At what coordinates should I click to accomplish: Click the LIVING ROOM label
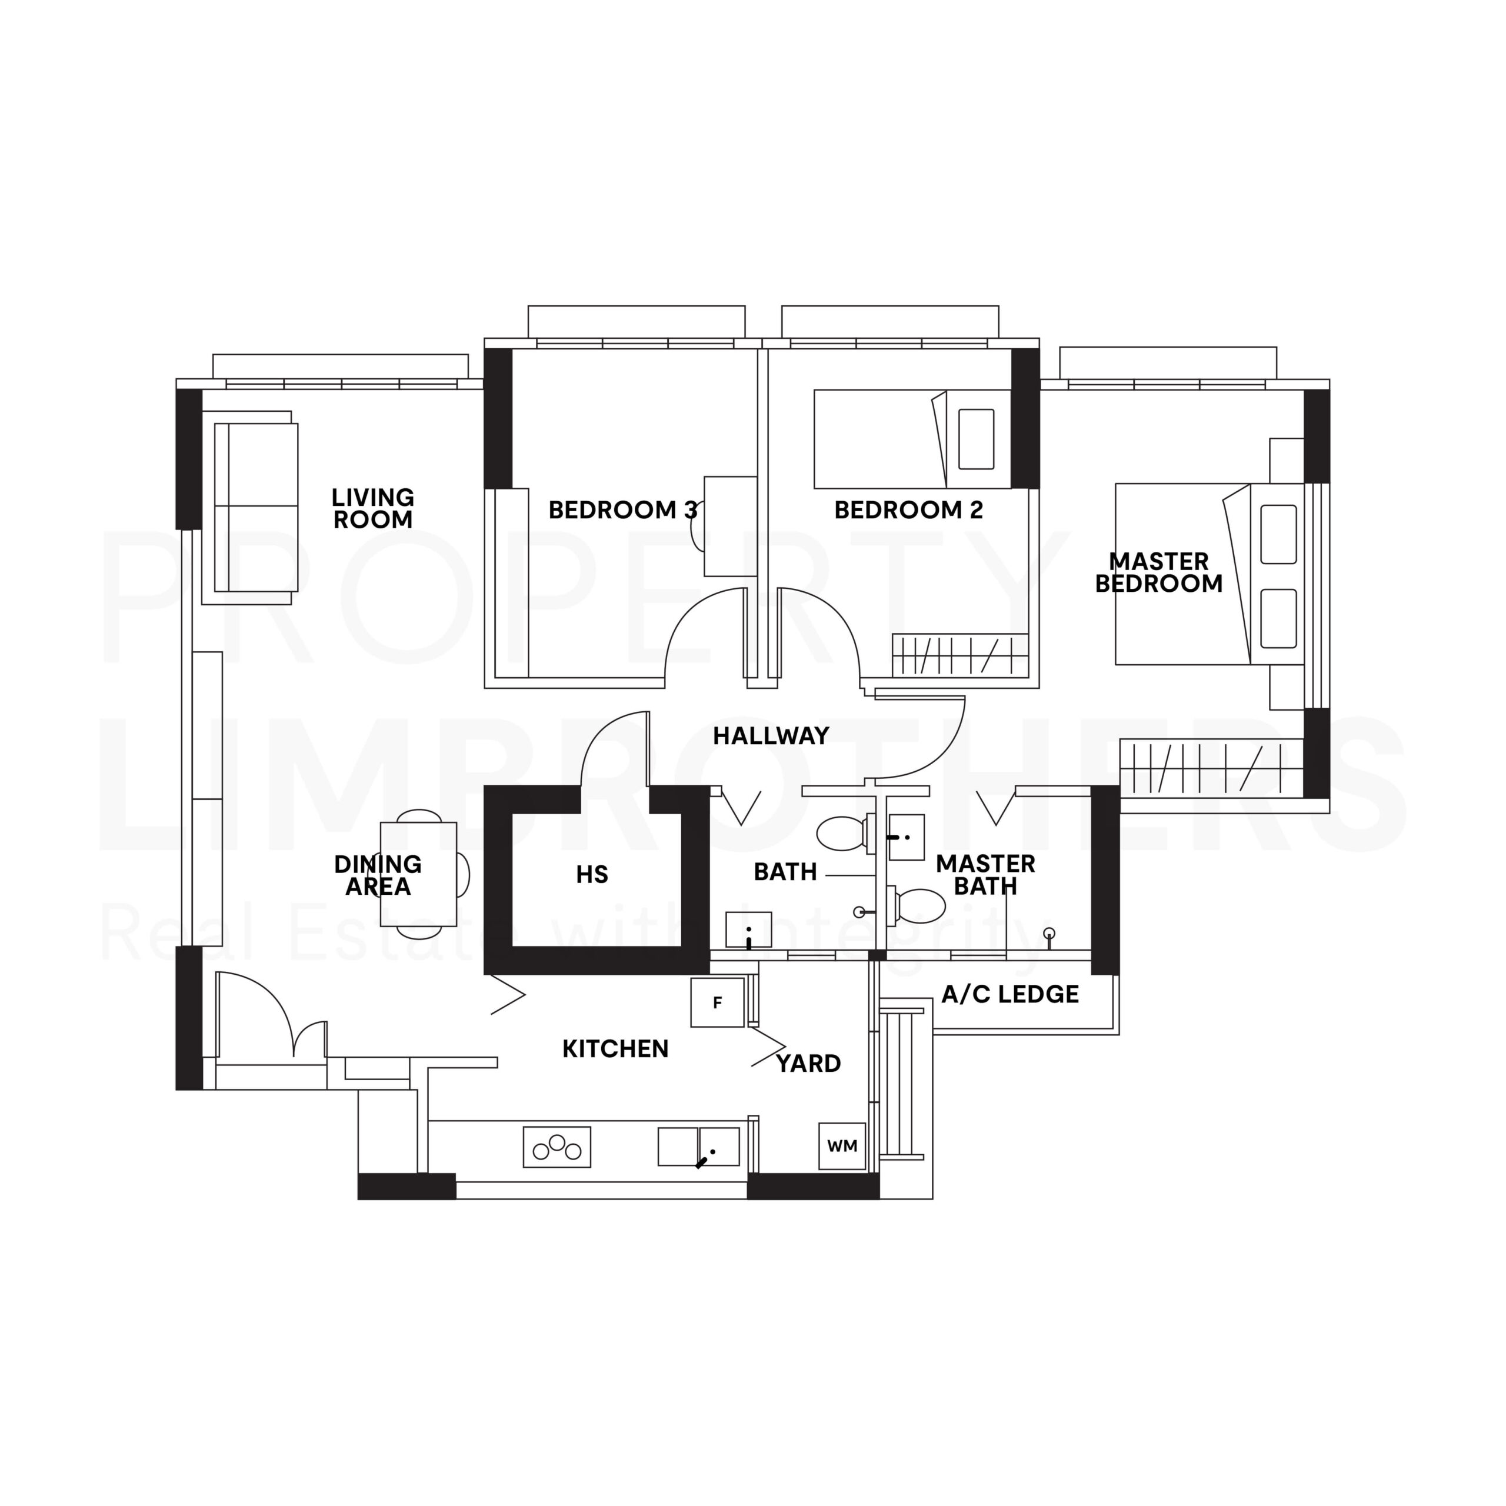coord(372,508)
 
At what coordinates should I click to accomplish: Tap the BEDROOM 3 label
coord(622,510)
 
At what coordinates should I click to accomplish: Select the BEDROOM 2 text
coord(908,510)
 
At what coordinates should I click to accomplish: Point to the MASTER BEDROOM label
coord(1158,572)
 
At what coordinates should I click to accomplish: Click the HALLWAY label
coord(771,736)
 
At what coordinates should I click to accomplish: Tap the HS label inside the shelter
coord(592,875)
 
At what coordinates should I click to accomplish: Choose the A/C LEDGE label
coord(1010,994)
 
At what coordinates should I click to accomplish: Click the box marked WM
coord(842,1146)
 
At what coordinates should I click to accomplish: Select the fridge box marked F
coord(717,1002)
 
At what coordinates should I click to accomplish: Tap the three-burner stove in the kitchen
coord(557,1147)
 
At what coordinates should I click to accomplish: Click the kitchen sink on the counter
coord(698,1147)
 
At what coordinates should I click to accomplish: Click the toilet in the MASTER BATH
coord(920,906)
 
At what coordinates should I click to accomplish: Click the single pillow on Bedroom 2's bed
coord(976,439)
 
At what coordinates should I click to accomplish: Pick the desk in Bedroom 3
coord(731,526)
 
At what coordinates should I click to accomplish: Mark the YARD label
coord(808,1063)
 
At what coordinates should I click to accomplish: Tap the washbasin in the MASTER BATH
coord(907,837)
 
